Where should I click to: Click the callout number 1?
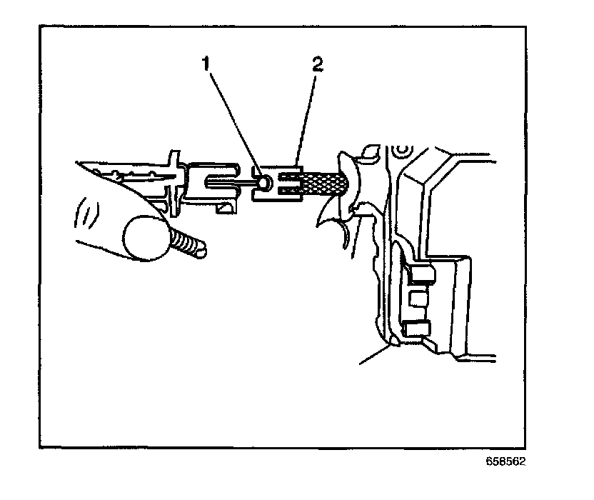point(206,66)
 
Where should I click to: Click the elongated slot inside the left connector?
point(222,182)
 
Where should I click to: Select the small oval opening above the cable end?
point(370,151)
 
